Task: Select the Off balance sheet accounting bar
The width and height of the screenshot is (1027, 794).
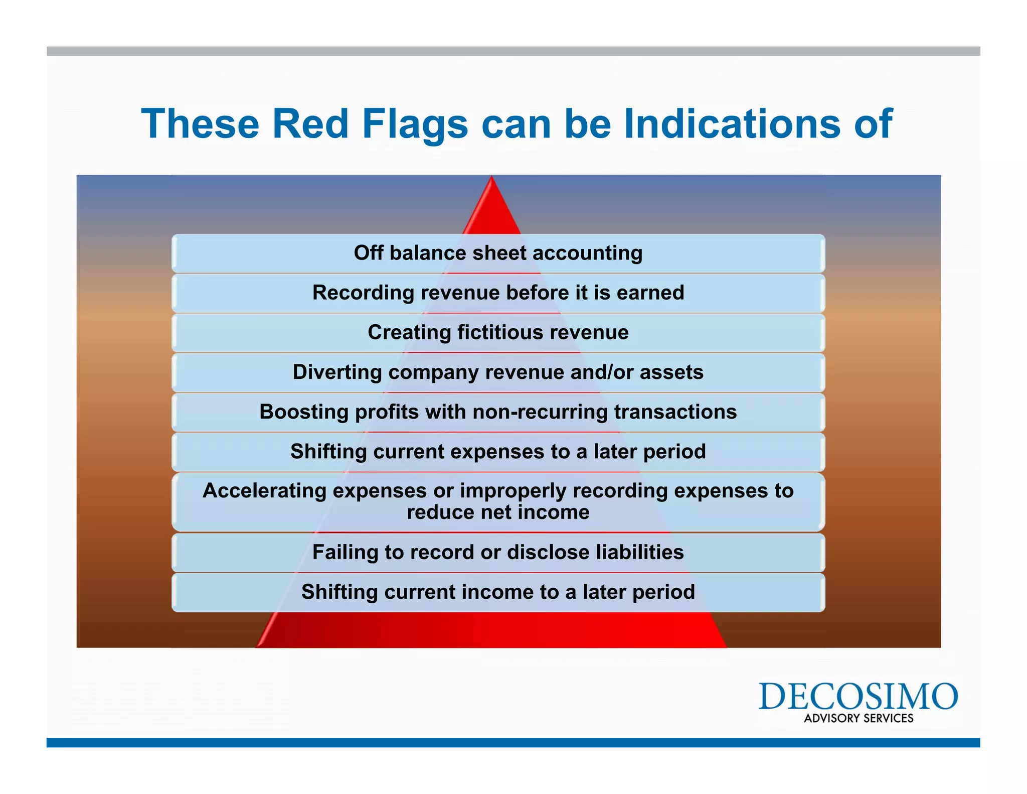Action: [x=498, y=253]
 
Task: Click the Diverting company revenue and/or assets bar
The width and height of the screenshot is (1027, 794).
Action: [x=498, y=372]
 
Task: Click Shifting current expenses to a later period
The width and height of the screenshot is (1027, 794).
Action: [x=498, y=452]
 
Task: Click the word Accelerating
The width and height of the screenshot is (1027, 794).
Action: [x=264, y=491]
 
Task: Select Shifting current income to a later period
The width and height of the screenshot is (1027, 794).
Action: [x=498, y=592]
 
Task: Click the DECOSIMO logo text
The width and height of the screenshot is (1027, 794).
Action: [x=858, y=696]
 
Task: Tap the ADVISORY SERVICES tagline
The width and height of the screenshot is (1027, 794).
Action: [x=858, y=718]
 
